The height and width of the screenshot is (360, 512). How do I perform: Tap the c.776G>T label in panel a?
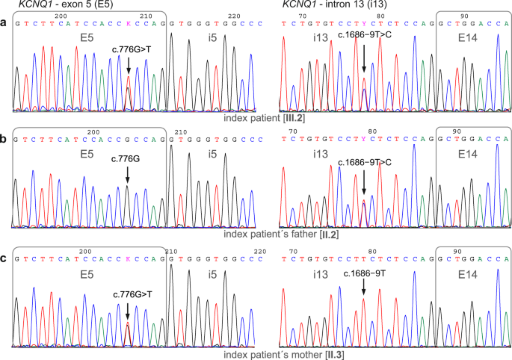click(x=129, y=50)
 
